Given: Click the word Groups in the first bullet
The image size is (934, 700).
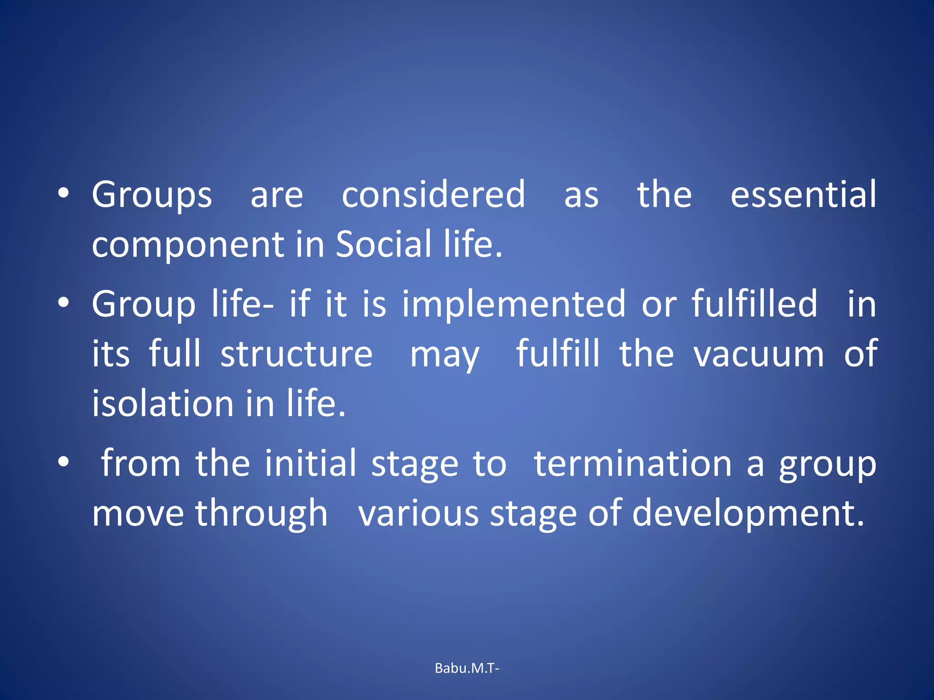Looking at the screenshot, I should [x=152, y=195].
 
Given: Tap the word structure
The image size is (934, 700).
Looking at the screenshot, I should [x=296, y=354].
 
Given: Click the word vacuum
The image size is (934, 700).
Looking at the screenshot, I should [x=759, y=355].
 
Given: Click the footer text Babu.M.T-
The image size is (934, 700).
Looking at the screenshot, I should [x=467, y=668].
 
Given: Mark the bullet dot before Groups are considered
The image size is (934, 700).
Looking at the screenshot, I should [x=63, y=193].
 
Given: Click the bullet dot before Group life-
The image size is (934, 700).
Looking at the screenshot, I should [x=63, y=303].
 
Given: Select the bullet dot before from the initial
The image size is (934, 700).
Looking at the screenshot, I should [x=63, y=462].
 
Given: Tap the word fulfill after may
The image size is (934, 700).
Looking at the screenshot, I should [x=557, y=354].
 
